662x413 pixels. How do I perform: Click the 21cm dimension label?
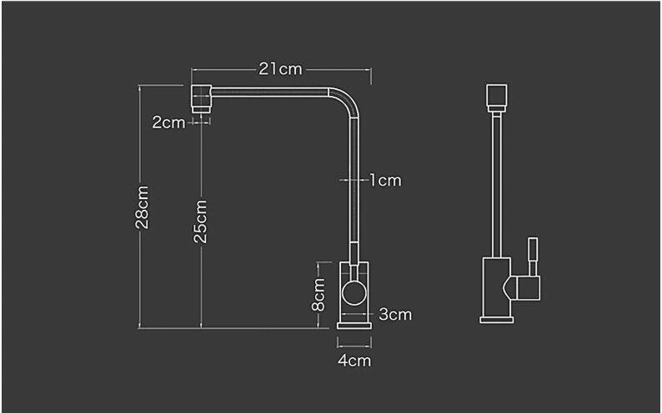(x=280, y=69)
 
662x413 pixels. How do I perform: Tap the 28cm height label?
(x=143, y=206)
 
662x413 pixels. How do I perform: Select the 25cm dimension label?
(x=201, y=220)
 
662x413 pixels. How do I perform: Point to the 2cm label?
(x=168, y=122)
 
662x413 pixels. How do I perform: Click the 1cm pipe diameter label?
(x=385, y=180)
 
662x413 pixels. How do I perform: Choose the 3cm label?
(x=395, y=315)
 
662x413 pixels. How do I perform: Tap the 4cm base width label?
(x=354, y=361)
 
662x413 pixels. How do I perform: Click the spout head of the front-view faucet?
(x=200, y=99)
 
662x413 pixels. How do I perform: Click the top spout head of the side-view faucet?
(x=496, y=96)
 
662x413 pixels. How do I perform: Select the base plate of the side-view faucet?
(x=497, y=317)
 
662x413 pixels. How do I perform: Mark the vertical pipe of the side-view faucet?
(x=496, y=183)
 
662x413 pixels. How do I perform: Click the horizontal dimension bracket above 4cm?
(x=354, y=341)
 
